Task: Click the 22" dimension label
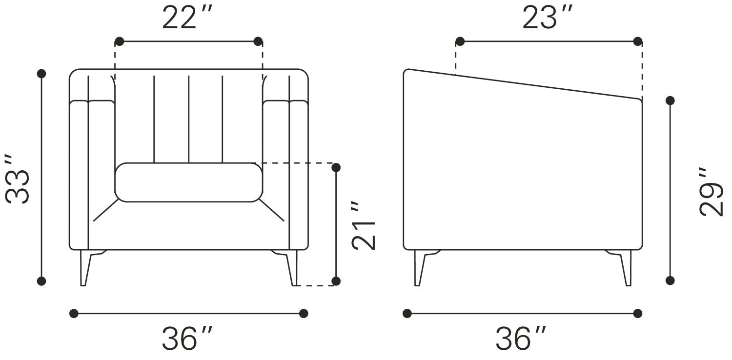(x=187, y=18)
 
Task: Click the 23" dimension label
(x=548, y=18)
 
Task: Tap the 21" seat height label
(x=364, y=225)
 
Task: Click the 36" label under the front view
(x=187, y=338)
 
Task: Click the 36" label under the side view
(x=521, y=338)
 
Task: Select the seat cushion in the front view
(x=189, y=182)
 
